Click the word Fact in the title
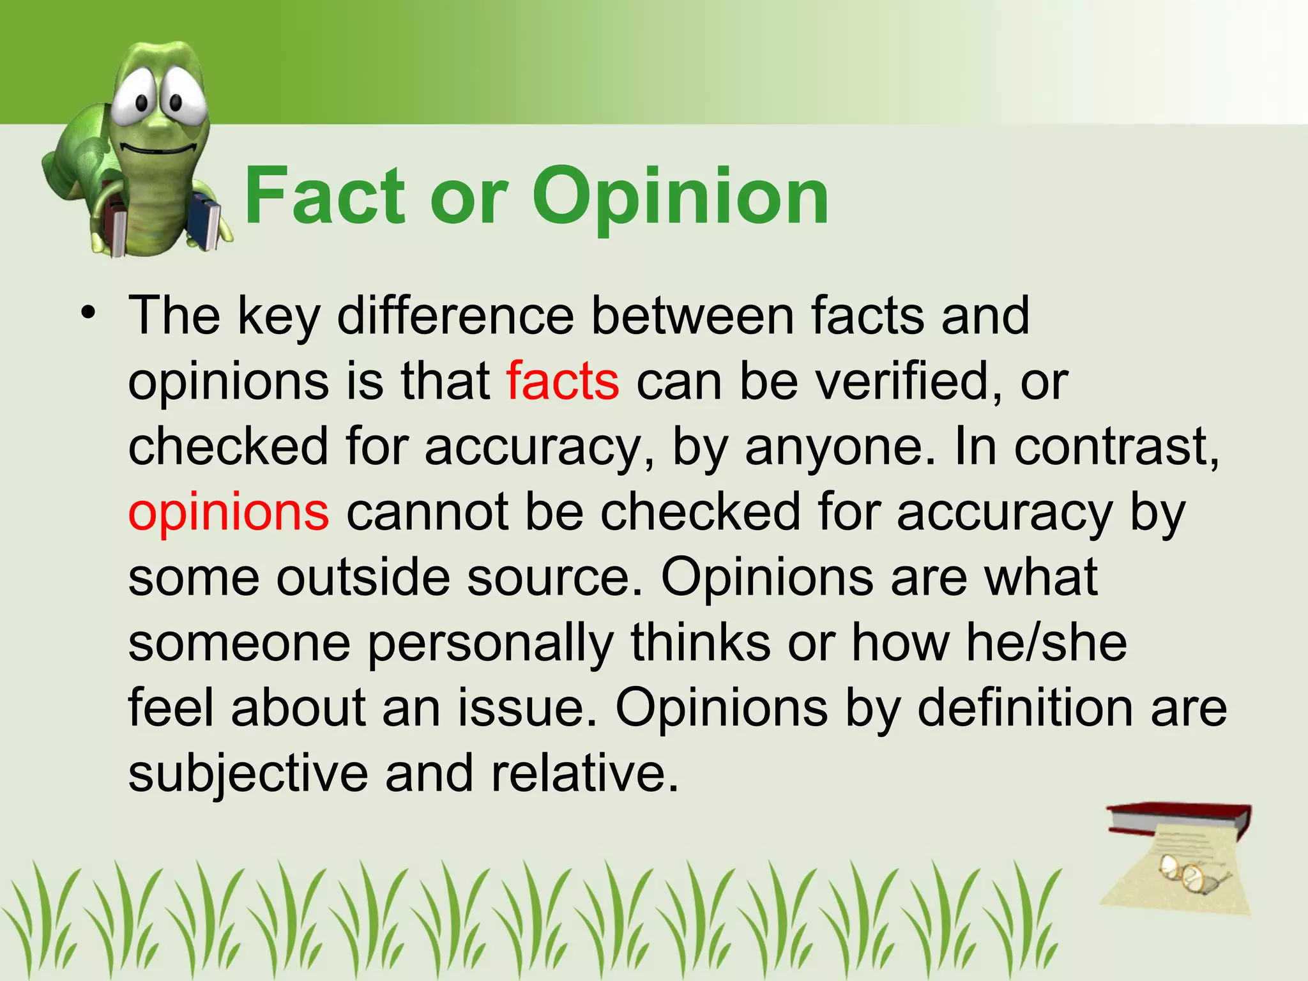point(324,196)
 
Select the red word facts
point(562,381)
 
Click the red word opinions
point(229,513)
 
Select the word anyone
point(843,448)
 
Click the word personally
point(490,644)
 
